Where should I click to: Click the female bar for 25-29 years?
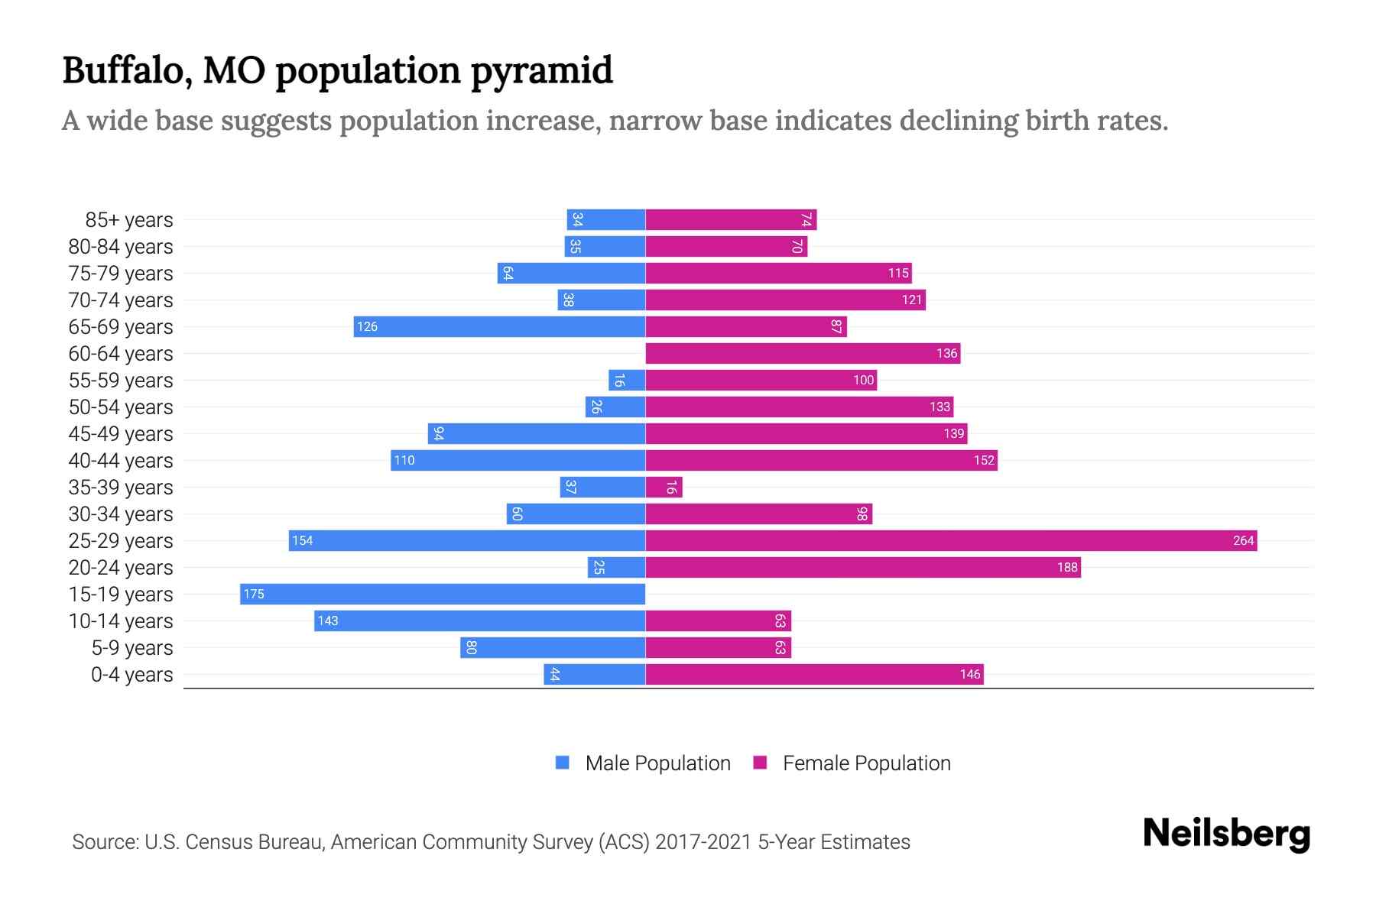(951, 540)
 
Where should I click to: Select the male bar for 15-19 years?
(443, 594)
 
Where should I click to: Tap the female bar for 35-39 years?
(664, 487)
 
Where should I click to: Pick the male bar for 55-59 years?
(627, 380)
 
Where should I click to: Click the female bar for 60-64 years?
(803, 353)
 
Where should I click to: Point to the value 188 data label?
(1067, 567)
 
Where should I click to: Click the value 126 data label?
(367, 326)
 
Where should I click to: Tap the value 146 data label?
(969, 674)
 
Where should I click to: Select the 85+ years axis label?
(128, 220)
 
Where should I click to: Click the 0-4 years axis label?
(131, 675)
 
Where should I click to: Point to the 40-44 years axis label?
(121, 461)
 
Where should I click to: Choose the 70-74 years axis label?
(121, 300)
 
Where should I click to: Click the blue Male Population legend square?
(563, 763)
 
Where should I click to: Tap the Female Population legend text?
(866, 763)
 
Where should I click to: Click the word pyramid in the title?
(541, 71)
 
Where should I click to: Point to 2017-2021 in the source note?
(703, 842)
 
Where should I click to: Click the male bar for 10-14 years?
(479, 621)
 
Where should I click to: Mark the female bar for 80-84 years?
(726, 246)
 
